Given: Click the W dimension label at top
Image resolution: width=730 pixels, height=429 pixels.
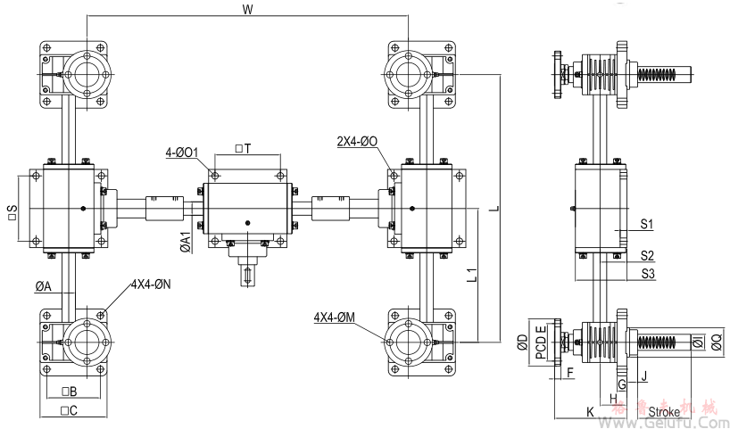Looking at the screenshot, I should pyautogui.click(x=247, y=10).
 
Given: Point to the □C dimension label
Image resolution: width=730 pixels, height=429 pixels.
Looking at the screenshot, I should pyautogui.click(x=69, y=410).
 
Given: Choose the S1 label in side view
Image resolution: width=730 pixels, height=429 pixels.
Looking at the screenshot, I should pyautogui.click(x=648, y=223).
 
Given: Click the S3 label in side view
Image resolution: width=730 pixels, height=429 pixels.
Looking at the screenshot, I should pyautogui.click(x=649, y=273).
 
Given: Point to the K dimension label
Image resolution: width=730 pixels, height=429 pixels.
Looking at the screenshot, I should pyautogui.click(x=589, y=411).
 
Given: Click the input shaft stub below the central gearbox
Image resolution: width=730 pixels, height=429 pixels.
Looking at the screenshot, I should pyautogui.click(x=246, y=272).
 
